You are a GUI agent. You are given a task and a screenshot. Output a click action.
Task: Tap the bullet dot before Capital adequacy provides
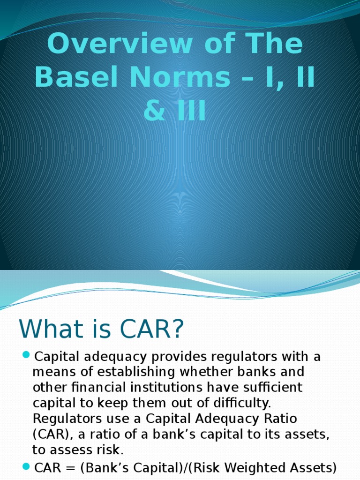(26, 355)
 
